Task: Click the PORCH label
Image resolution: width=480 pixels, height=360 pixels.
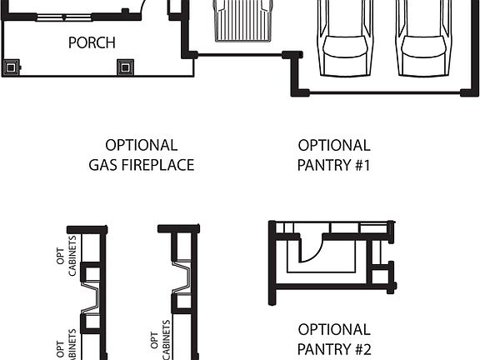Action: click(92, 42)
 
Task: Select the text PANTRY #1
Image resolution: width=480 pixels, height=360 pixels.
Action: click(333, 165)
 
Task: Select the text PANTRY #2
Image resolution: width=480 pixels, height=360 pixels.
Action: click(333, 349)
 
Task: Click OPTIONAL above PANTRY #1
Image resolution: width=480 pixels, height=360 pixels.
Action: click(333, 145)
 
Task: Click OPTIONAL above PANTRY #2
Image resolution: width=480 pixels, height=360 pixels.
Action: click(333, 329)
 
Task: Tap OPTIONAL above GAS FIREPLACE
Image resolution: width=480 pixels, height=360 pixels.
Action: click(141, 145)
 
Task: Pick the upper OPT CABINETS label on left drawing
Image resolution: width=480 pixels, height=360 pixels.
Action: click(66, 257)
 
